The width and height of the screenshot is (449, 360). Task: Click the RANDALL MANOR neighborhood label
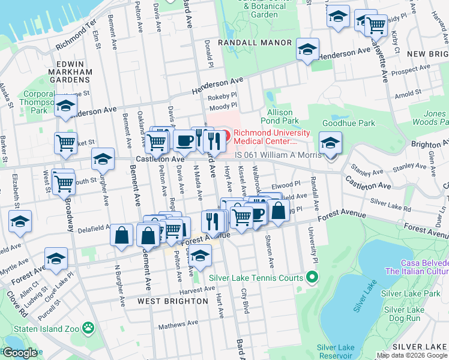tap(255, 43)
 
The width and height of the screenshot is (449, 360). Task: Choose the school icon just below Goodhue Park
tap(330, 143)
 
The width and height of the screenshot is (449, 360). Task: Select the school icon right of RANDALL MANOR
tap(307, 49)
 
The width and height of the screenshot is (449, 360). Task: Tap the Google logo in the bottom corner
tap(19, 353)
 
